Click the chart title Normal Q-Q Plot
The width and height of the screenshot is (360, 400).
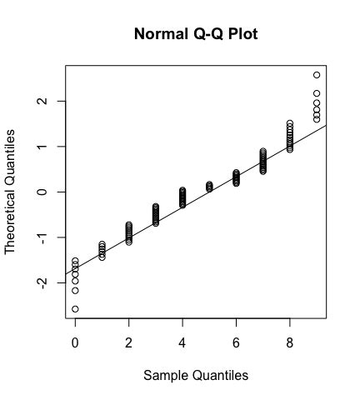pyautogui.click(x=195, y=36)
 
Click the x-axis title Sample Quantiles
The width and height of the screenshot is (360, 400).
pyautogui.click(x=196, y=376)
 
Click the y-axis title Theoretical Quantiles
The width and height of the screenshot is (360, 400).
pyautogui.click(x=11, y=192)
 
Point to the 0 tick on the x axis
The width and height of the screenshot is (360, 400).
pyautogui.click(x=75, y=342)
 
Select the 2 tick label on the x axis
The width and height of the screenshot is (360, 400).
pyautogui.click(x=129, y=342)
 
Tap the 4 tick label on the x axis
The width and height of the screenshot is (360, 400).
pyautogui.click(x=182, y=342)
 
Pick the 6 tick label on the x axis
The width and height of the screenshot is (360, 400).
pyautogui.click(x=237, y=342)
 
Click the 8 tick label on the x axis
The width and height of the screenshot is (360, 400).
pyautogui.click(x=290, y=342)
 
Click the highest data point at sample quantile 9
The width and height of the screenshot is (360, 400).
pyautogui.click(x=317, y=75)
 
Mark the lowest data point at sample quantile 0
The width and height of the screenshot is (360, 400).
pyautogui.click(x=75, y=309)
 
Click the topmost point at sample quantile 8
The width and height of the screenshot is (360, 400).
pyautogui.click(x=290, y=123)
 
